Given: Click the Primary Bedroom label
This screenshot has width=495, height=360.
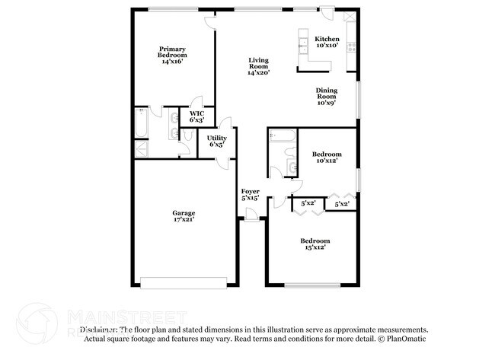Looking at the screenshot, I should [x=173, y=55].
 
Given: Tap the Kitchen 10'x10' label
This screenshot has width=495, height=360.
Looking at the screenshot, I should [x=327, y=42].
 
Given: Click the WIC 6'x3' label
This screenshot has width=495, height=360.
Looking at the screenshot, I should [x=196, y=116].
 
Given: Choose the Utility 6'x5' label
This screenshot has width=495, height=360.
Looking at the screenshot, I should [x=216, y=141].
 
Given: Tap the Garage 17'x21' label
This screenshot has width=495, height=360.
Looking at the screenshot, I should [x=184, y=217].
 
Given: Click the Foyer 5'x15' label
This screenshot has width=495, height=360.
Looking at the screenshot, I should [x=250, y=194].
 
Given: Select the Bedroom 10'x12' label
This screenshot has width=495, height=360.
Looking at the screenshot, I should [x=326, y=158].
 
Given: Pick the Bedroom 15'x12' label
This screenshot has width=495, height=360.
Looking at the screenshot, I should [x=314, y=244].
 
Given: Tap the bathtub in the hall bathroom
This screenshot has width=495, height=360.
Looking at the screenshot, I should [x=282, y=136].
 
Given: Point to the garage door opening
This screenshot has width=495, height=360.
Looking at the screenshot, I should [x=183, y=285].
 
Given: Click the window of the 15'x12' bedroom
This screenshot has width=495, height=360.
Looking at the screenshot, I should [x=312, y=285].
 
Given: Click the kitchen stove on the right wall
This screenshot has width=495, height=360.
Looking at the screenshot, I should [x=351, y=44].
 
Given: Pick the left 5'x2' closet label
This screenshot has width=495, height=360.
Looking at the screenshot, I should [x=308, y=204].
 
